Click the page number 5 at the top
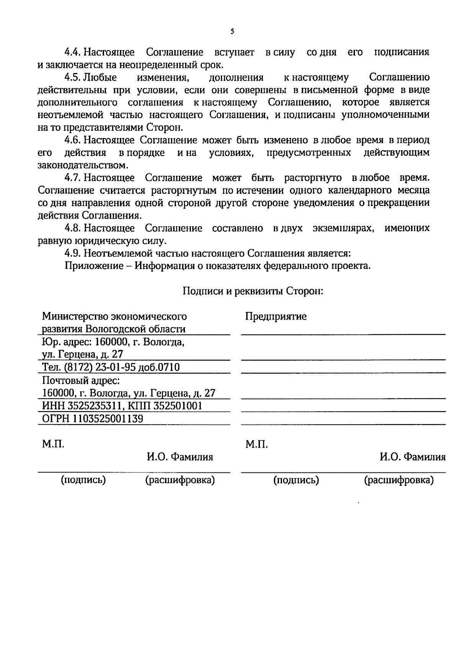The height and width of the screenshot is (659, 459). coord(232,31)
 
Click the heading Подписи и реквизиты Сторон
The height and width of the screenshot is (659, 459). coord(253,291)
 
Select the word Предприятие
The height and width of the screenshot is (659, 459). coord(276,317)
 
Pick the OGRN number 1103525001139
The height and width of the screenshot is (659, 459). coord(108,419)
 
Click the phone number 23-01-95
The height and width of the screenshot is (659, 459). coord(115,367)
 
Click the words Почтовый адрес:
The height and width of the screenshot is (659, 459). coord(81,380)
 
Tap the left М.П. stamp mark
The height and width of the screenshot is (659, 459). coord(53,444)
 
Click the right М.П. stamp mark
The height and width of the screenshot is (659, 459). coord(256,444)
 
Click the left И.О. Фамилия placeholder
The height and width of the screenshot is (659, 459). coord(180,457)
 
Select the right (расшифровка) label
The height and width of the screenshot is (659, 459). coord(399,480)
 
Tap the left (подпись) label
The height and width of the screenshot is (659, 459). coord(83,480)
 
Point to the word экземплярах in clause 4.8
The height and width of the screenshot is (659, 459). coord(343,229)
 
